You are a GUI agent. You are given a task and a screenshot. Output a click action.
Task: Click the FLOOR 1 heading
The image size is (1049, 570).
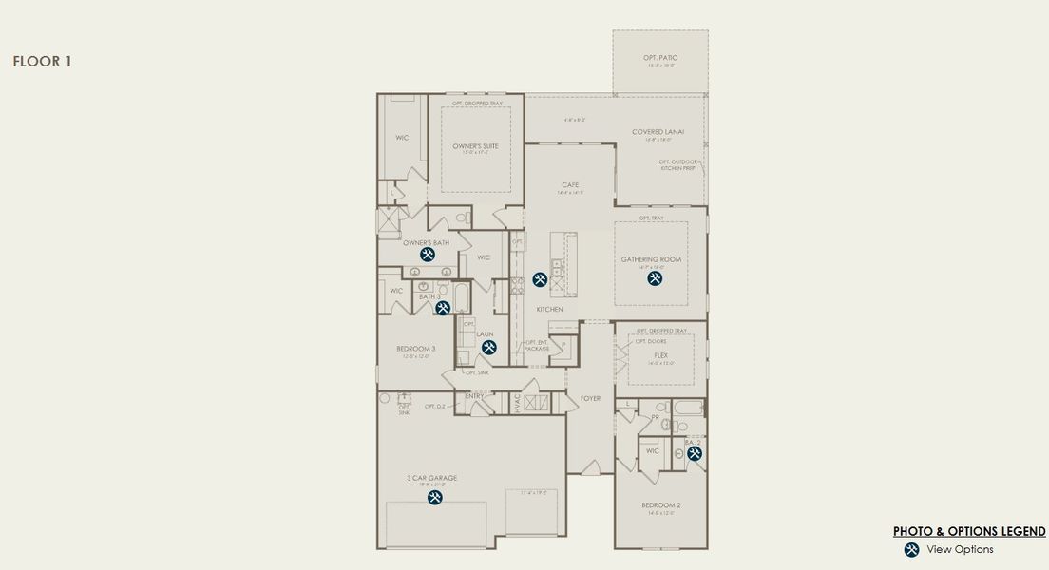point(42,62)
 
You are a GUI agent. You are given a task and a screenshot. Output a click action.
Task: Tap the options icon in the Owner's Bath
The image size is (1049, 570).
point(428,255)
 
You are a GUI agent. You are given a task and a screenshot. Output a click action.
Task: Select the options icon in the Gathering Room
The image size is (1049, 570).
point(654,278)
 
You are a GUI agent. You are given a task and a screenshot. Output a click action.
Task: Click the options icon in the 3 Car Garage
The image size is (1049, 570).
point(434,497)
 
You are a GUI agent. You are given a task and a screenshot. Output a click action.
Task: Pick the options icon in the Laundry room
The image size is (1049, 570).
point(489,348)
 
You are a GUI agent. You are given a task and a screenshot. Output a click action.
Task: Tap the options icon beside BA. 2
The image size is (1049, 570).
point(694,455)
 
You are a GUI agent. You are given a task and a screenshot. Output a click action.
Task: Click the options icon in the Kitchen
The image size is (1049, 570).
point(540,279)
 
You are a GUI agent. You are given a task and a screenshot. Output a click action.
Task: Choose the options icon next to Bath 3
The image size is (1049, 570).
point(442,308)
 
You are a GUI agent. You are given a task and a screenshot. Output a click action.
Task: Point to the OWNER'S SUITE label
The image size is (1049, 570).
point(475,146)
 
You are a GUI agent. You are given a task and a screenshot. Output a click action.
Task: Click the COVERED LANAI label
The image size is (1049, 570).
point(658,132)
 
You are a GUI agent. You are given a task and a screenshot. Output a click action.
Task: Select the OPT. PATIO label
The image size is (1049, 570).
point(660,58)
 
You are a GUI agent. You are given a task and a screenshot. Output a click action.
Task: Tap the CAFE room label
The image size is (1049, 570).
point(570,185)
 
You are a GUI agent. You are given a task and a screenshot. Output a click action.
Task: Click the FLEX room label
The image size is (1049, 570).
point(661,355)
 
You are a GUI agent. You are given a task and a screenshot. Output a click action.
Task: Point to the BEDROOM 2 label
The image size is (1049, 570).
point(660,505)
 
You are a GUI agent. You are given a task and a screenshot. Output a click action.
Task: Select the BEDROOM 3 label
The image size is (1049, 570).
point(415,349)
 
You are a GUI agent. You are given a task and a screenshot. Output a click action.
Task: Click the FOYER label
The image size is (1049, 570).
point(590,399)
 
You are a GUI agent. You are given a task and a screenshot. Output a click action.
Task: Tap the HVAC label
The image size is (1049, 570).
point(518,403)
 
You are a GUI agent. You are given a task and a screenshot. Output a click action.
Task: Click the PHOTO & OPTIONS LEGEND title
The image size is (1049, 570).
point(969,532)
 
